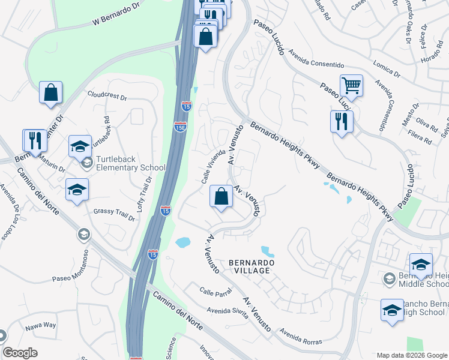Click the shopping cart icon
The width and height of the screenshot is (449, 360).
pyautogui.click(x=351, y=85)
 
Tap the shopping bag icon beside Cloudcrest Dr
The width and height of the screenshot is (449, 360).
pyautogui.click(x=51, y=93)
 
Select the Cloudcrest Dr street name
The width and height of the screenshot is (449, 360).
pyautogui.click(x=107, y=96)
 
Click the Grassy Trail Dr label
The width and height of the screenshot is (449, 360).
pyautogui.click(x=114, y=212)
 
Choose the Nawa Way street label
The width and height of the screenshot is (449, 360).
pyautogui.click(x=41, y=325)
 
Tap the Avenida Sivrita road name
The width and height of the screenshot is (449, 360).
pyautogui.click(x=228, y=311)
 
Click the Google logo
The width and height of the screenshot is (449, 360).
pyautogui.click(x=20, y=353)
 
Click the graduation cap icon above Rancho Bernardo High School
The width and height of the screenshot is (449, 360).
pyautogui.click(x=392, y=310)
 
